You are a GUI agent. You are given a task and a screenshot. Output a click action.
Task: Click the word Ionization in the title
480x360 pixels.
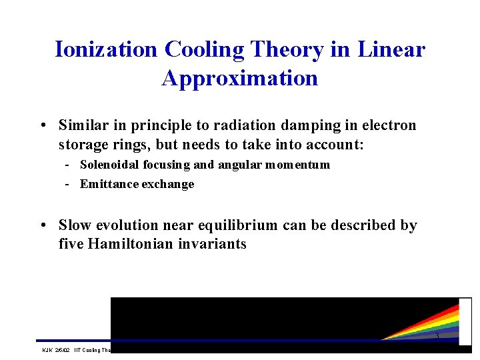point(106,50)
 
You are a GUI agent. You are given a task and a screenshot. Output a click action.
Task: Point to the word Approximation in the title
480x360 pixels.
point(240,79)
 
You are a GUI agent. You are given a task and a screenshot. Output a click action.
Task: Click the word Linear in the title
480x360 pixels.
point(391,50)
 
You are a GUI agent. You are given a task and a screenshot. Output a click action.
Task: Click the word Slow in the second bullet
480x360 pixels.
point(74,225)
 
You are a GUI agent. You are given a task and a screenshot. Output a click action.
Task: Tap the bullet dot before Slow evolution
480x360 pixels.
point(42,225)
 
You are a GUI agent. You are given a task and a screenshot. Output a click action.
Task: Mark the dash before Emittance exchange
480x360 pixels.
point(69,184)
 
